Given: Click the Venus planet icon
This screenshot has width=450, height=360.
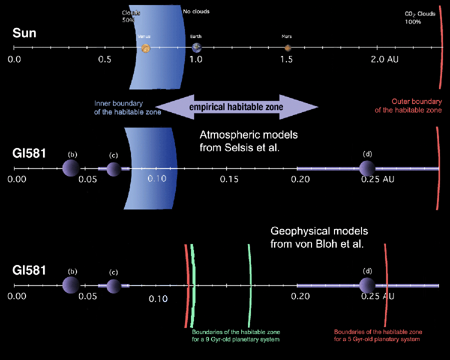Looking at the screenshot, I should click(x=145, y=48).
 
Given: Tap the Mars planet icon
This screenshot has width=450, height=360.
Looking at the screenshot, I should click(x=288, y=48).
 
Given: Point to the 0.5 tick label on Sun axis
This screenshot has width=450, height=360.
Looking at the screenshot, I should click(x=104, y=59).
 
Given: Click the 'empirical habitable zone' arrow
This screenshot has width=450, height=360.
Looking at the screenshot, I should click(x=236, y=107).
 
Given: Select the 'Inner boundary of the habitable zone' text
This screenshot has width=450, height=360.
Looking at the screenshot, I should click(x=127, y=107).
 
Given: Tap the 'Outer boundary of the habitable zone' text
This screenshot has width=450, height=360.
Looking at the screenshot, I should click(x=409, y=105).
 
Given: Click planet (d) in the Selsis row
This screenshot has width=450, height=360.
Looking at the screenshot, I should click(x=367, y=168).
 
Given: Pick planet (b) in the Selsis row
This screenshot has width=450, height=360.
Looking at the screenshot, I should click(x=71, y=168).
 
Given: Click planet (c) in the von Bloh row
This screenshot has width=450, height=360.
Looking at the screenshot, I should click(x=113, y=286).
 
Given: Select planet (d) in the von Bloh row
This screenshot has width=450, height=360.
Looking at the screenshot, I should click(x=367, y=285).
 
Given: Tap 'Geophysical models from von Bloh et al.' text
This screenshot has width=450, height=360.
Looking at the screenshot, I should click(x=319, y=238).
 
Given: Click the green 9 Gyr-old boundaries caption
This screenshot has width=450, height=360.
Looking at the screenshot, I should click(x=236, y=336).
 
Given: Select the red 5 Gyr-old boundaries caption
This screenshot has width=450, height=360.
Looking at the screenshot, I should click(x=378, y=336).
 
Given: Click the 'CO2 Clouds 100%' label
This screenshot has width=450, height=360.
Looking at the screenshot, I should click(x=419, y=18).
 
